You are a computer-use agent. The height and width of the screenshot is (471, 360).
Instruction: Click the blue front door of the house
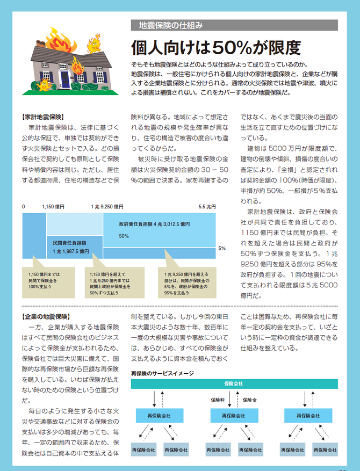64,79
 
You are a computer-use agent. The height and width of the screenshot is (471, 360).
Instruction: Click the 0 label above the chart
24,206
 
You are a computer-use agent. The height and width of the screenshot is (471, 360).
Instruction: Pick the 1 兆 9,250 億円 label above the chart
107,206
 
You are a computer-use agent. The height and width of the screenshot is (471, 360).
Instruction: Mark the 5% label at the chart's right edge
222,249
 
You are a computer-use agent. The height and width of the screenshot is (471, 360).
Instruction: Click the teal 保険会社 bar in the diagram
233,384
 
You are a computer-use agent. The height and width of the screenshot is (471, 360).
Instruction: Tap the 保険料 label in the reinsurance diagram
218,400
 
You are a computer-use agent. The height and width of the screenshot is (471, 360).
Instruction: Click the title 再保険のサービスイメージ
162,373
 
